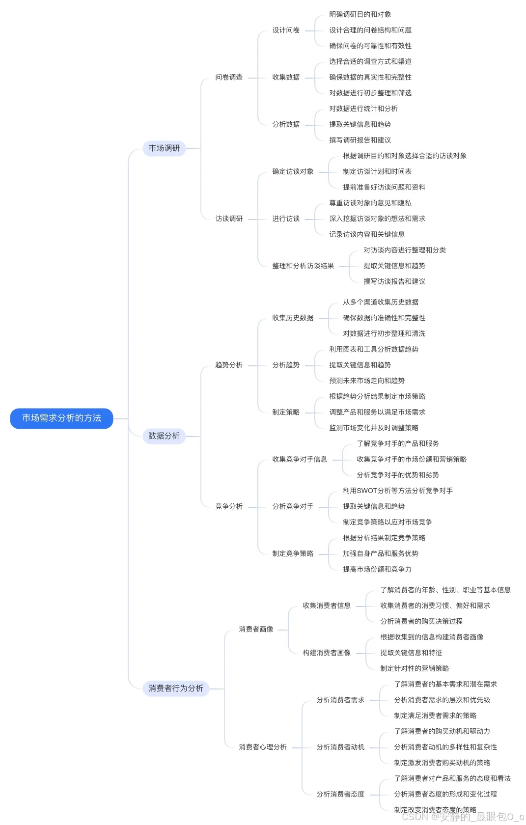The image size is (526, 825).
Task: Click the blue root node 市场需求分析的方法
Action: click(x=61, y=418)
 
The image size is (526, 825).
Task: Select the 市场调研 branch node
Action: click(x=164, y=148)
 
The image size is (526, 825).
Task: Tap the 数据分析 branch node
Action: click(x=164, y=436)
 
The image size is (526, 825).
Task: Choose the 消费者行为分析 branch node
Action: click(x=175, y=688)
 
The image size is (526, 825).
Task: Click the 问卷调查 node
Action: click(x=229, y=78)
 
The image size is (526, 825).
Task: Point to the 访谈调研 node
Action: click(x=229, y=219)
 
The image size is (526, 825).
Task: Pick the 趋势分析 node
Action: click(x=229, y=365)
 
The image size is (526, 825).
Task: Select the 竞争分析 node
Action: click(x=229, y=507)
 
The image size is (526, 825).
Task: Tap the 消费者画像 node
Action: click(x=256, y=630)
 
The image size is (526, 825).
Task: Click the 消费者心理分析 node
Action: click(x=263, y=747)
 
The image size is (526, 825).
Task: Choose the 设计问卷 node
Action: click(x=286, y=30)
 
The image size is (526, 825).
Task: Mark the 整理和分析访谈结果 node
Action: click(x=303, y=266)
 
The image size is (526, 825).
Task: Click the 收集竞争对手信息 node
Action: click(x=300, y=460)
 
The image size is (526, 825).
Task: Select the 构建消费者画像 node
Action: click(x=327, y=653)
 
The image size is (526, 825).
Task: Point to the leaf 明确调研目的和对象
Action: click(x=360, y=15)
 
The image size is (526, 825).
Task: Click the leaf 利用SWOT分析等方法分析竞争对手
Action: click(x=398, y=491)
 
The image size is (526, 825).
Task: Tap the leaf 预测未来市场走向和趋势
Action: click(x=367, y=381)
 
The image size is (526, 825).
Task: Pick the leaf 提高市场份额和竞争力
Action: click(x=377, y=570)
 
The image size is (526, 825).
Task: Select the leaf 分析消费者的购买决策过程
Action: click(x=421, y=622)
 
